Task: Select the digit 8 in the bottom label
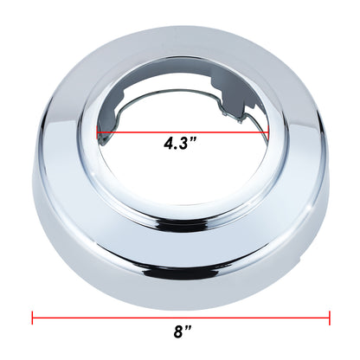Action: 177,331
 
